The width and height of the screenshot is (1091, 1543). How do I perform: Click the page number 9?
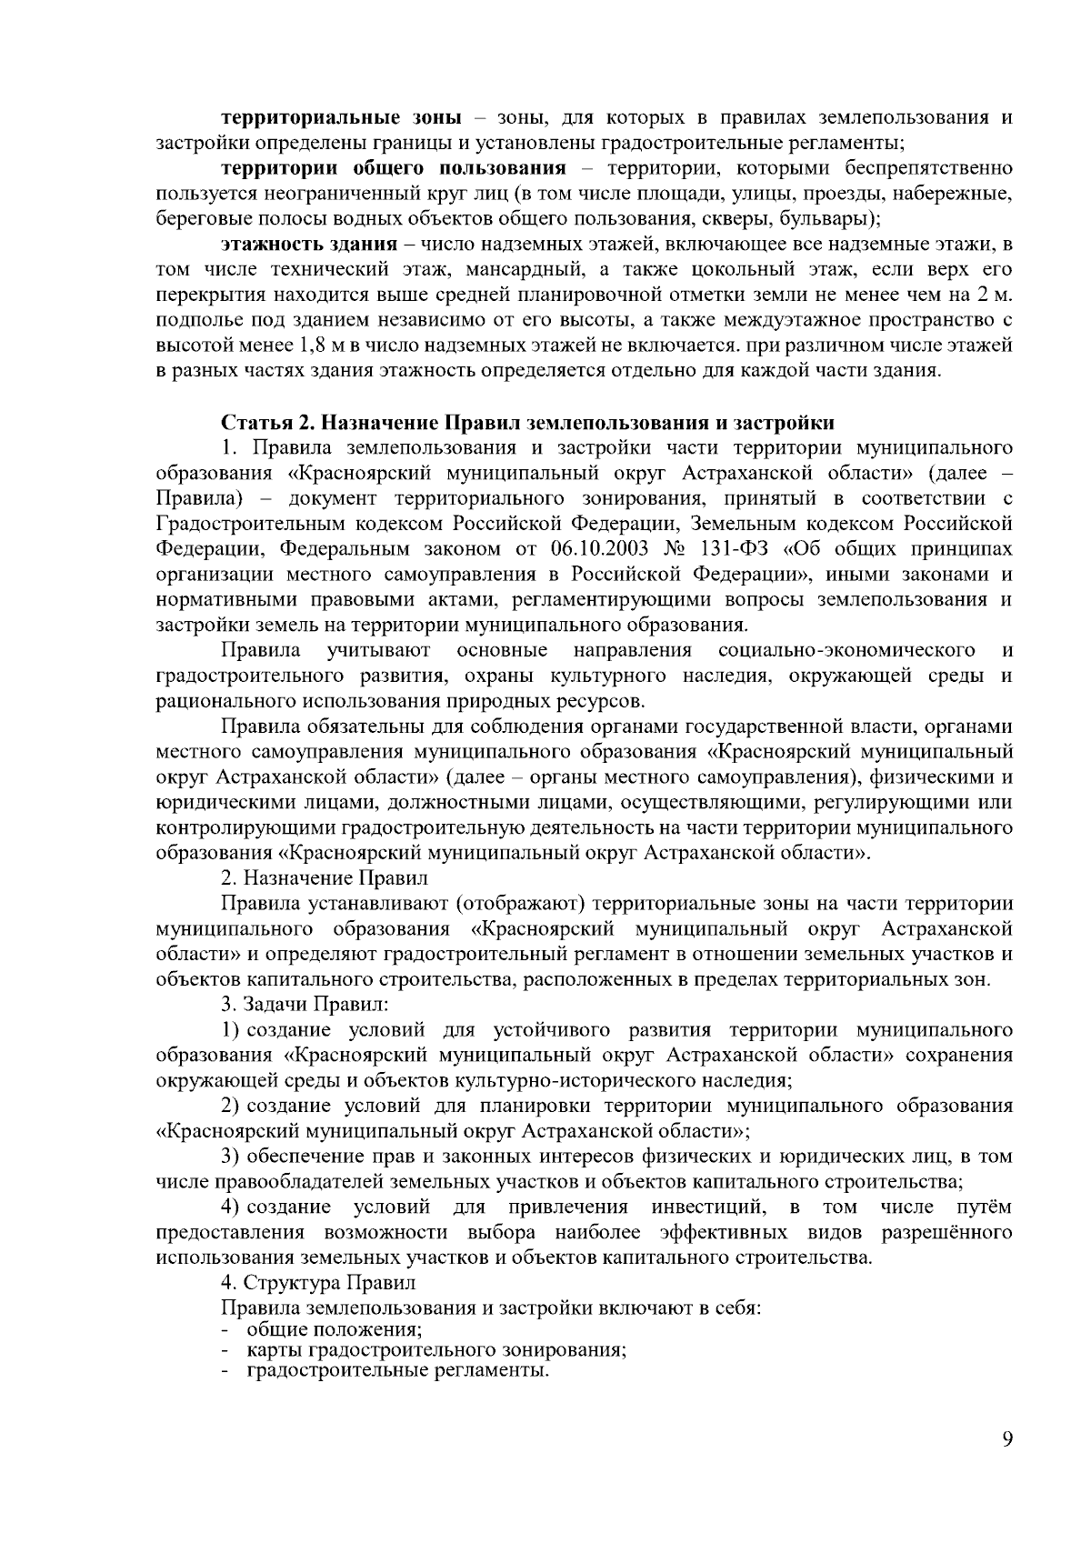(1006, 1438)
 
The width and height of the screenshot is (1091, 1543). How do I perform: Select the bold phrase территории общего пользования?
(394, 168)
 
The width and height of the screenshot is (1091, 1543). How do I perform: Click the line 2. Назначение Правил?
(325, 878)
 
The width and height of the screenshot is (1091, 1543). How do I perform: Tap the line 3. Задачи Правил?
(305, 1005)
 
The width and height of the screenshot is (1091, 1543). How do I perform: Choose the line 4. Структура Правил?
(318, 1283)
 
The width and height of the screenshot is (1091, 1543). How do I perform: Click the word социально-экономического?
(846, 651)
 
